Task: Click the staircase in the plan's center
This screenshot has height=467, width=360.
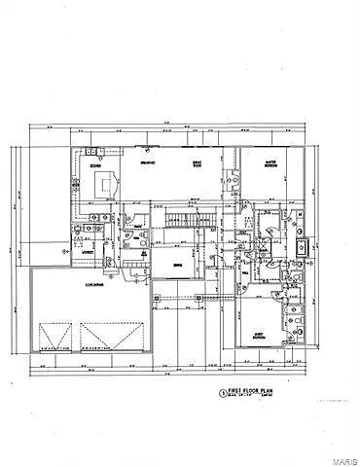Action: (x=180, y=222)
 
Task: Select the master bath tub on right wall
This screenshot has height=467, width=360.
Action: (x=302, y=247)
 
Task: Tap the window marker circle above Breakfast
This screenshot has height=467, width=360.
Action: (x=143, y=149)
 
